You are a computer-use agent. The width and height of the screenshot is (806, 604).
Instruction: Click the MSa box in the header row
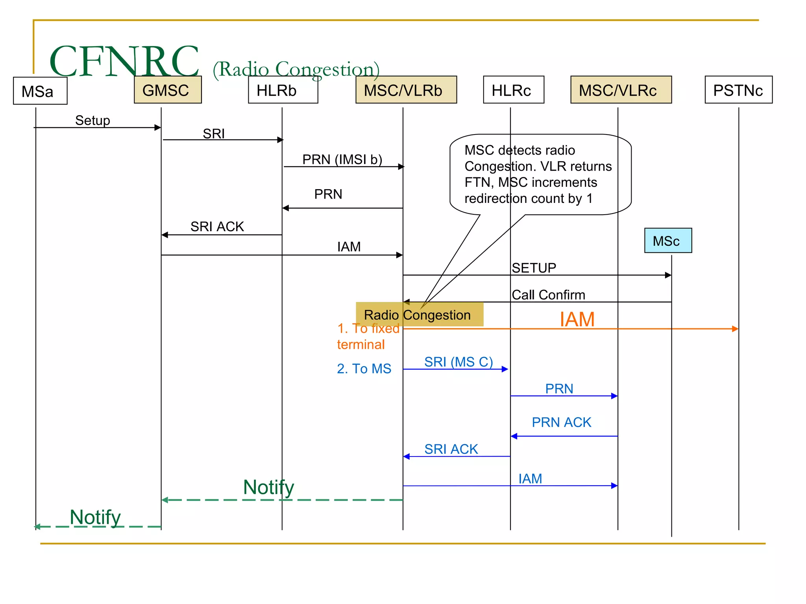click(x=40, y=91)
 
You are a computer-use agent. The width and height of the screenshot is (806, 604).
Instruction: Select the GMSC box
click(x=168, y=90)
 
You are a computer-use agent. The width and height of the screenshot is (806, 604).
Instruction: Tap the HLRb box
click(x=283, y=90)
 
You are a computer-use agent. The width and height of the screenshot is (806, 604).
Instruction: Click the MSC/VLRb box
click(x=406, y=90)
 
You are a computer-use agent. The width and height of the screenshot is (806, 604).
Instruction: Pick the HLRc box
click(x=513, y=90)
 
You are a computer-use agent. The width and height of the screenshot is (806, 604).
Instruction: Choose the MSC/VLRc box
click(x=621, y=90)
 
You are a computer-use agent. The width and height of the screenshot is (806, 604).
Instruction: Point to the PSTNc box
click(x=738, y=90)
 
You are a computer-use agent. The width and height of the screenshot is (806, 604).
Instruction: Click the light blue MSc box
click(x=667, y=241)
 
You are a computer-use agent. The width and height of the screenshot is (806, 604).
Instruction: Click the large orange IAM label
click(x=577, y=319)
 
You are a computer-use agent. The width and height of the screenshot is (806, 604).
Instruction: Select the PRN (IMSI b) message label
click(x=342, y=159)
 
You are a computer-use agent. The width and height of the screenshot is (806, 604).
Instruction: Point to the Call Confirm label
click(x=548, y=295)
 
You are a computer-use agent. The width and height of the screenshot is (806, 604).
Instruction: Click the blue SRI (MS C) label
click(x=458, y=361)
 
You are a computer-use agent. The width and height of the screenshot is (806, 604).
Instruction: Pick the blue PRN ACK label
click(x=561, y=422)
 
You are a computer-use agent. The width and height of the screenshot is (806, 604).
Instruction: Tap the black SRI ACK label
click(x=217, y=226)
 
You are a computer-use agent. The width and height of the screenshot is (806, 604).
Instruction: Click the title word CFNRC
click(x=124, y=61)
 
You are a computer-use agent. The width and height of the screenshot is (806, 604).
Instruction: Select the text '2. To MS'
click(x=364, y=368)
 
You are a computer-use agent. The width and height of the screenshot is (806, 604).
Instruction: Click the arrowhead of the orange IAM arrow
click(x=735, y=329)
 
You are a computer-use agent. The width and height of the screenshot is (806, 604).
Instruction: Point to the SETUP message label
click(x=534, y=268)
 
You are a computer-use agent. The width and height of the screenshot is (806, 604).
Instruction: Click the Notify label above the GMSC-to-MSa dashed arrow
click(x=95, y=517)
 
